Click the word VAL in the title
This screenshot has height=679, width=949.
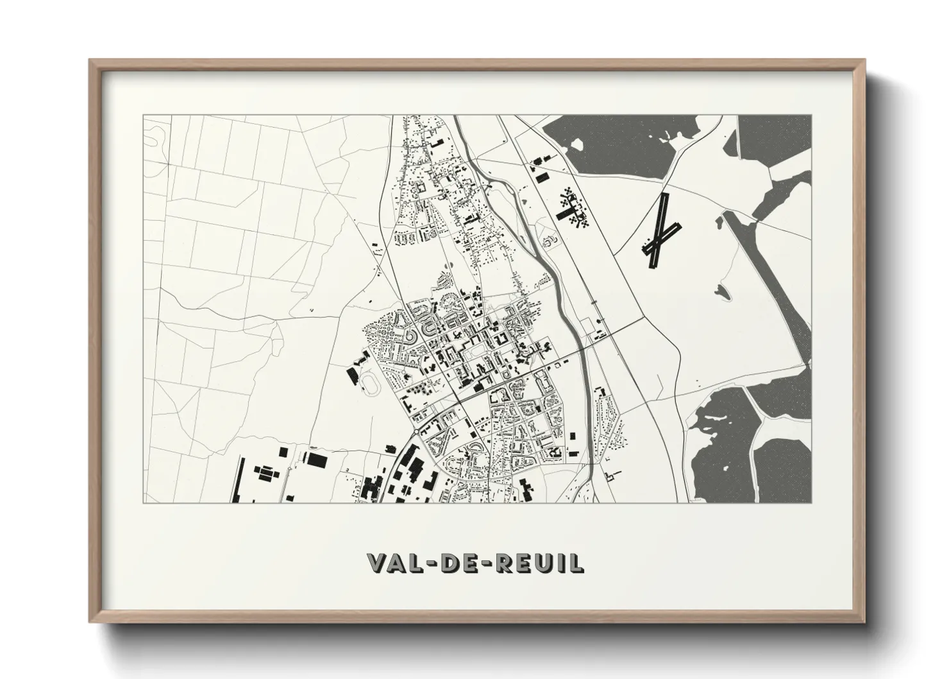pyautogui.click(x=394, y=563)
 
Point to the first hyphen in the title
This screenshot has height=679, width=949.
pyautogui.click(x=430, y=563)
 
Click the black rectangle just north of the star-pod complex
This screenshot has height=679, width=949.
pyautogui.click(x=542, y=176)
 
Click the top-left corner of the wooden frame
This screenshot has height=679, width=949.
pyautogui.click(x=90, y=60)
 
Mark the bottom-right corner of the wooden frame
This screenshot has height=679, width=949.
pyautogui.click(x=864, y=621)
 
